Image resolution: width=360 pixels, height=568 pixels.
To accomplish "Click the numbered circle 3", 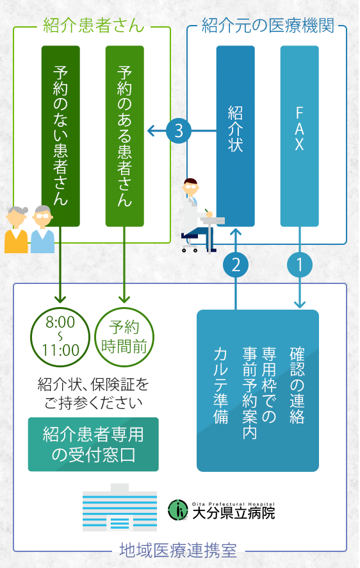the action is pos(179,131).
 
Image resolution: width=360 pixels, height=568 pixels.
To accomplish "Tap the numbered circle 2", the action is pos(236,265).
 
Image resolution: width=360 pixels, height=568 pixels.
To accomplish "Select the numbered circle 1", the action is pos(300,265).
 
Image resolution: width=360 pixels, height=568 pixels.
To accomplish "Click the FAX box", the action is pos(300,136).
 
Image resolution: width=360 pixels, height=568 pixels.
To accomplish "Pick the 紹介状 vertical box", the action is pos(236,136).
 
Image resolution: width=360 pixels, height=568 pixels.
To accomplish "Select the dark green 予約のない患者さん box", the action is pos(60,136).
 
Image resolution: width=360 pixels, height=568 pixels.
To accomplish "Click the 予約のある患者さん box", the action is pos(124,136).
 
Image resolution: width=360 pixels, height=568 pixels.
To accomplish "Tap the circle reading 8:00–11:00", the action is pos(60,337).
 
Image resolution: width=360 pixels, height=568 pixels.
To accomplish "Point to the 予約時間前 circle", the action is pos(124,337).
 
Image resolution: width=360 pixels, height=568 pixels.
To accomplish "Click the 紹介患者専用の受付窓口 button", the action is pos(94,444).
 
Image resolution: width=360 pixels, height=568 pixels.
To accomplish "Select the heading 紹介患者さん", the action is pos(94,26).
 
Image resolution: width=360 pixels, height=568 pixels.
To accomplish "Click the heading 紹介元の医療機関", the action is pos(268,26).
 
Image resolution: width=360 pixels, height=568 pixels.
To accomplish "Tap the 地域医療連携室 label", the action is pos(178,551).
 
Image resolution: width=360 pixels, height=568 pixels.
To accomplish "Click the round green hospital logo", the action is pos(178,510).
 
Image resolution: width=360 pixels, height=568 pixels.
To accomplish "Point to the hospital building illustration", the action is pos(120,508).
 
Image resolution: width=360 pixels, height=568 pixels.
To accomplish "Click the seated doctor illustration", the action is pos(200,215).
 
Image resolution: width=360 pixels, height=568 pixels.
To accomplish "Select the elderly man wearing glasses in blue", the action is pos(42,230).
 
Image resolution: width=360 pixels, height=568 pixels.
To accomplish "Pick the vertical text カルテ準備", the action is pos(221,385).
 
